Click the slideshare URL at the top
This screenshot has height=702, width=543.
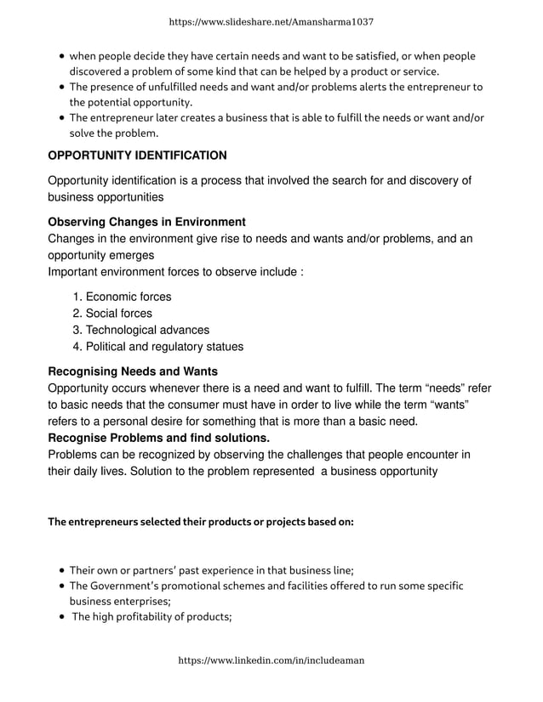coord(271,21)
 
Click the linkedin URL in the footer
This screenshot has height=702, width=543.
coord(271,660)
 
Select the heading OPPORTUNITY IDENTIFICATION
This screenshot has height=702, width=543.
coord(137,156)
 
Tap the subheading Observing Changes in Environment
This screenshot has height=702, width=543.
coord(146,222)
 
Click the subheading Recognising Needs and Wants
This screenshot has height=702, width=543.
coord(133,371)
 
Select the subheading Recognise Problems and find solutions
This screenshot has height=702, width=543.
coord(158,438)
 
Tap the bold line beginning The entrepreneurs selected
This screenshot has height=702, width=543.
coord(200,522)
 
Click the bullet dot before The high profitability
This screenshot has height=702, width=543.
coord(63,617)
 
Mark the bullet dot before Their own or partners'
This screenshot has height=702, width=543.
coord(63,570)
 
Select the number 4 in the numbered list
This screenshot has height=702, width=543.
coord(77,346)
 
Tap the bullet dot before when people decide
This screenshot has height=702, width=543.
coord(63,57)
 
